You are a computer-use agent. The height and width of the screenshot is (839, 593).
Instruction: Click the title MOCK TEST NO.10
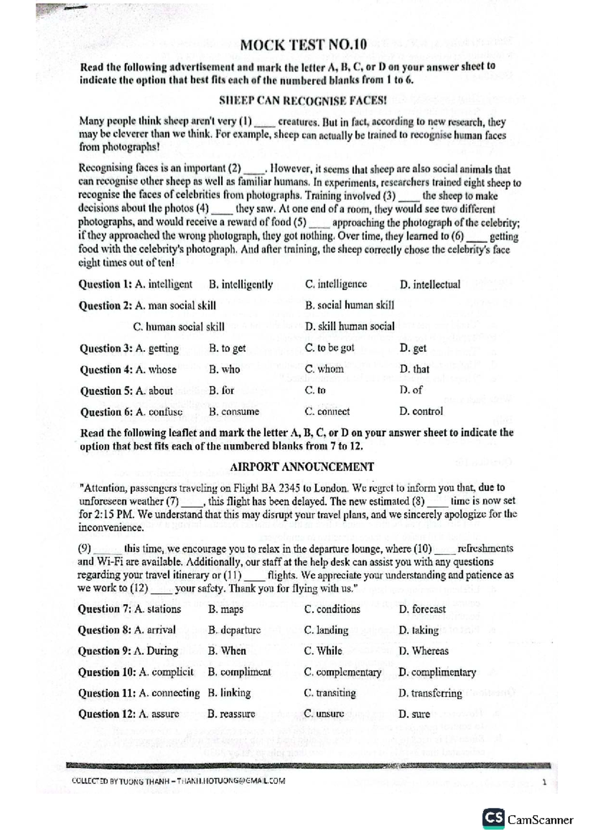click(x=303, y=45)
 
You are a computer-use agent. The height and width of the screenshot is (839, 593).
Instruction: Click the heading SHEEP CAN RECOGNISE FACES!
click(x=302, y=101)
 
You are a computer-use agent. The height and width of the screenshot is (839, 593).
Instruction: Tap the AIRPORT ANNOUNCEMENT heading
click(x=302, y=467)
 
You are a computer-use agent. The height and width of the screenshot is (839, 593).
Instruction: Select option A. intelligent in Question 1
click(x=164, y=284)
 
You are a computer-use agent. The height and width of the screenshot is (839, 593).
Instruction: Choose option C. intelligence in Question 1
click(x=336, y=284)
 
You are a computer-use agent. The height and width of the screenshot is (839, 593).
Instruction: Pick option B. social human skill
click(x=349, y=305)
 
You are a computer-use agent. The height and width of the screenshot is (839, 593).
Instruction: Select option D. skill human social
click(x=349, y=326)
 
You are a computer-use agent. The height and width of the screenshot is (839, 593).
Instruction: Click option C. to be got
click(x=330, y=348)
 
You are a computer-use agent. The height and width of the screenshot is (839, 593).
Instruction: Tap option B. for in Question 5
click(x=221, y=390)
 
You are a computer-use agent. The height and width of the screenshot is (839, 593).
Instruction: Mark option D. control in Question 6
click(x=421, y=411)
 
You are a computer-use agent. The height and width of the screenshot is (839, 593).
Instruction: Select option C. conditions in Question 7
click(x=332, y=609)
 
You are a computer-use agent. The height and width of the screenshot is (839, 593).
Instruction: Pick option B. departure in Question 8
click(x=234, y=630)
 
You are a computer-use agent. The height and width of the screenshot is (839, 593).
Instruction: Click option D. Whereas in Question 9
click(x=424, y=651)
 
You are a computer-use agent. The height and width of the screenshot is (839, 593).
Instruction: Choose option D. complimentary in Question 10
click(x=437, y=672)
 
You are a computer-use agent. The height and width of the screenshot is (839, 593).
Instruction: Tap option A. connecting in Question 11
click(x=169, y=693)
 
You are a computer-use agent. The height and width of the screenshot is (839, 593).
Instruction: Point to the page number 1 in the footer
click(x=544, y=782)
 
